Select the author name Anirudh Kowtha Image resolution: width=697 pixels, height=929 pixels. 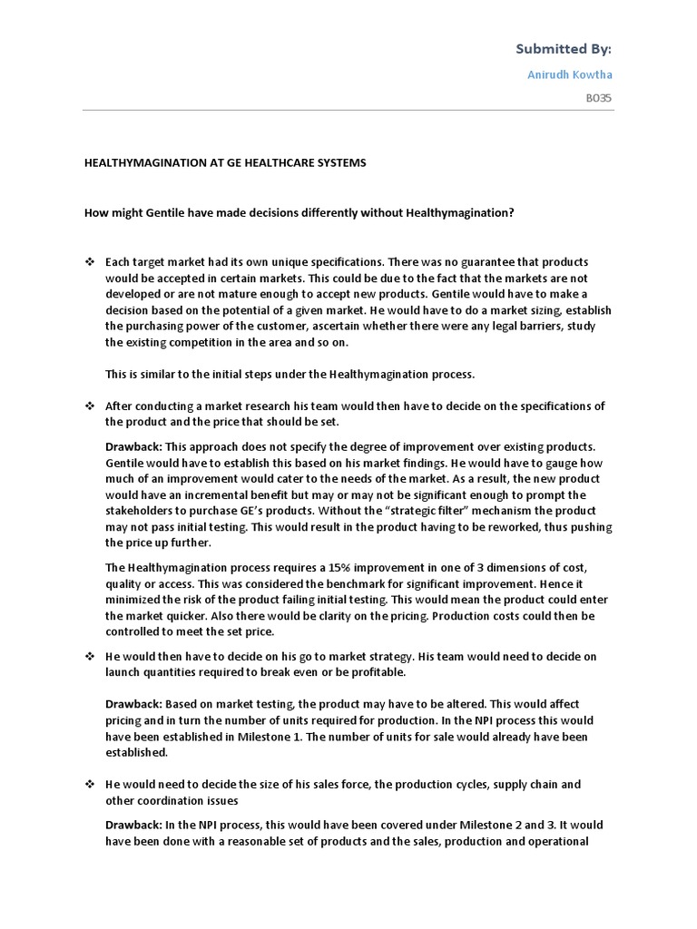tap(570, 74)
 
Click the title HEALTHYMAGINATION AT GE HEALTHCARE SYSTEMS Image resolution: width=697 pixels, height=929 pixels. tap(225, 162)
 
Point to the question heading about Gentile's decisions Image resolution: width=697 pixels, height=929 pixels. tap(299, 212)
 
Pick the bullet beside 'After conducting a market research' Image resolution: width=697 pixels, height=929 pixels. tap(90, 406)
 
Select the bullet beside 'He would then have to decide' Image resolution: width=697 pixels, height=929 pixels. tap(90, 656)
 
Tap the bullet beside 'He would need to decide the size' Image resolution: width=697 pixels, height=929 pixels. tap(90, 784)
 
